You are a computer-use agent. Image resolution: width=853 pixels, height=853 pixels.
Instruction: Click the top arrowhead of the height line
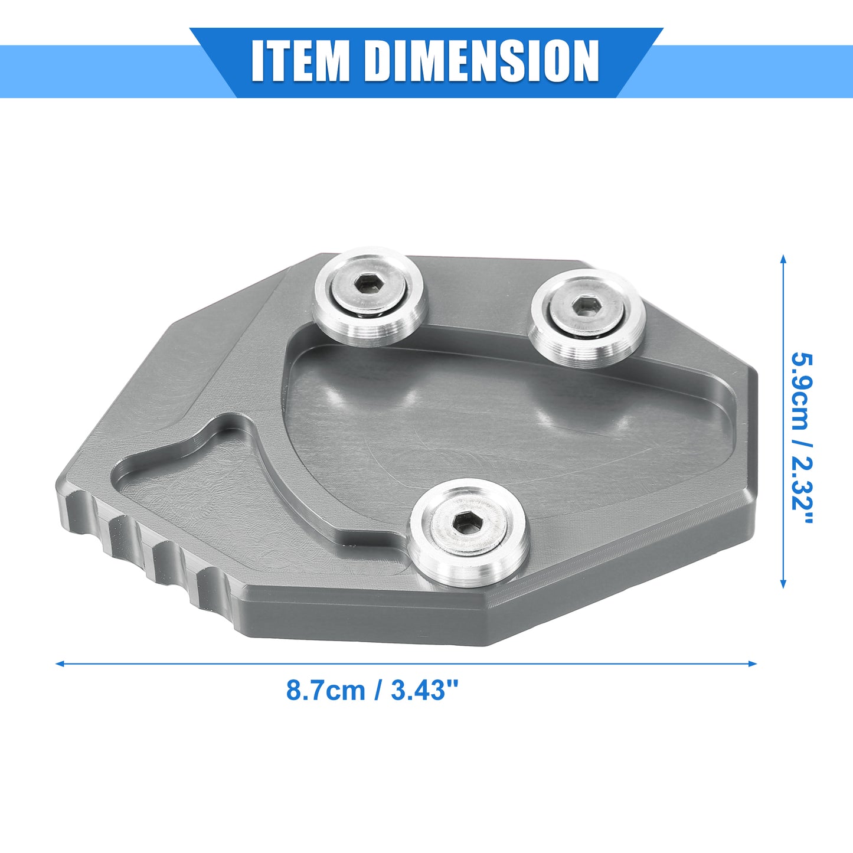coord(783,260)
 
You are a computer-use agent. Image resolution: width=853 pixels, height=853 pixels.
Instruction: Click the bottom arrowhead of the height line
coord(783,583)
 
